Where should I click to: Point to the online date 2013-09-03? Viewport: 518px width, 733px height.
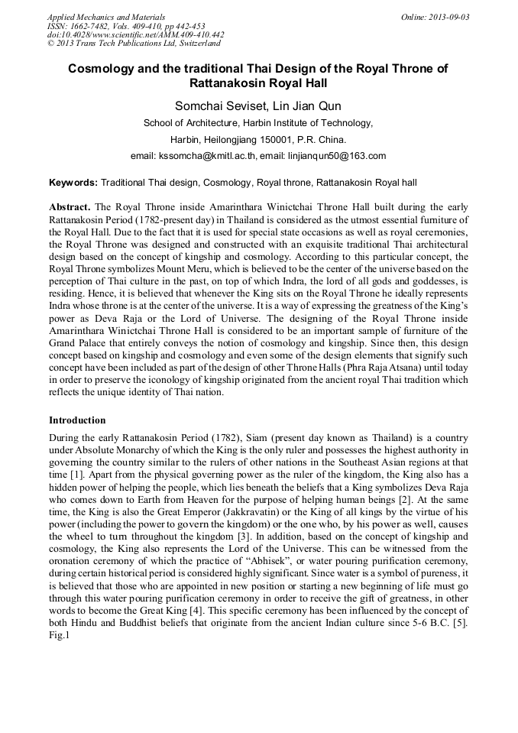pos(443,16)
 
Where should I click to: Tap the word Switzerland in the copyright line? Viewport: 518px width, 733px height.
pos(190,44)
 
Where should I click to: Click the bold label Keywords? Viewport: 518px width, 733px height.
pos(73,183)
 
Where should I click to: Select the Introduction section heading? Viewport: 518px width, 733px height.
pos(77,420)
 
